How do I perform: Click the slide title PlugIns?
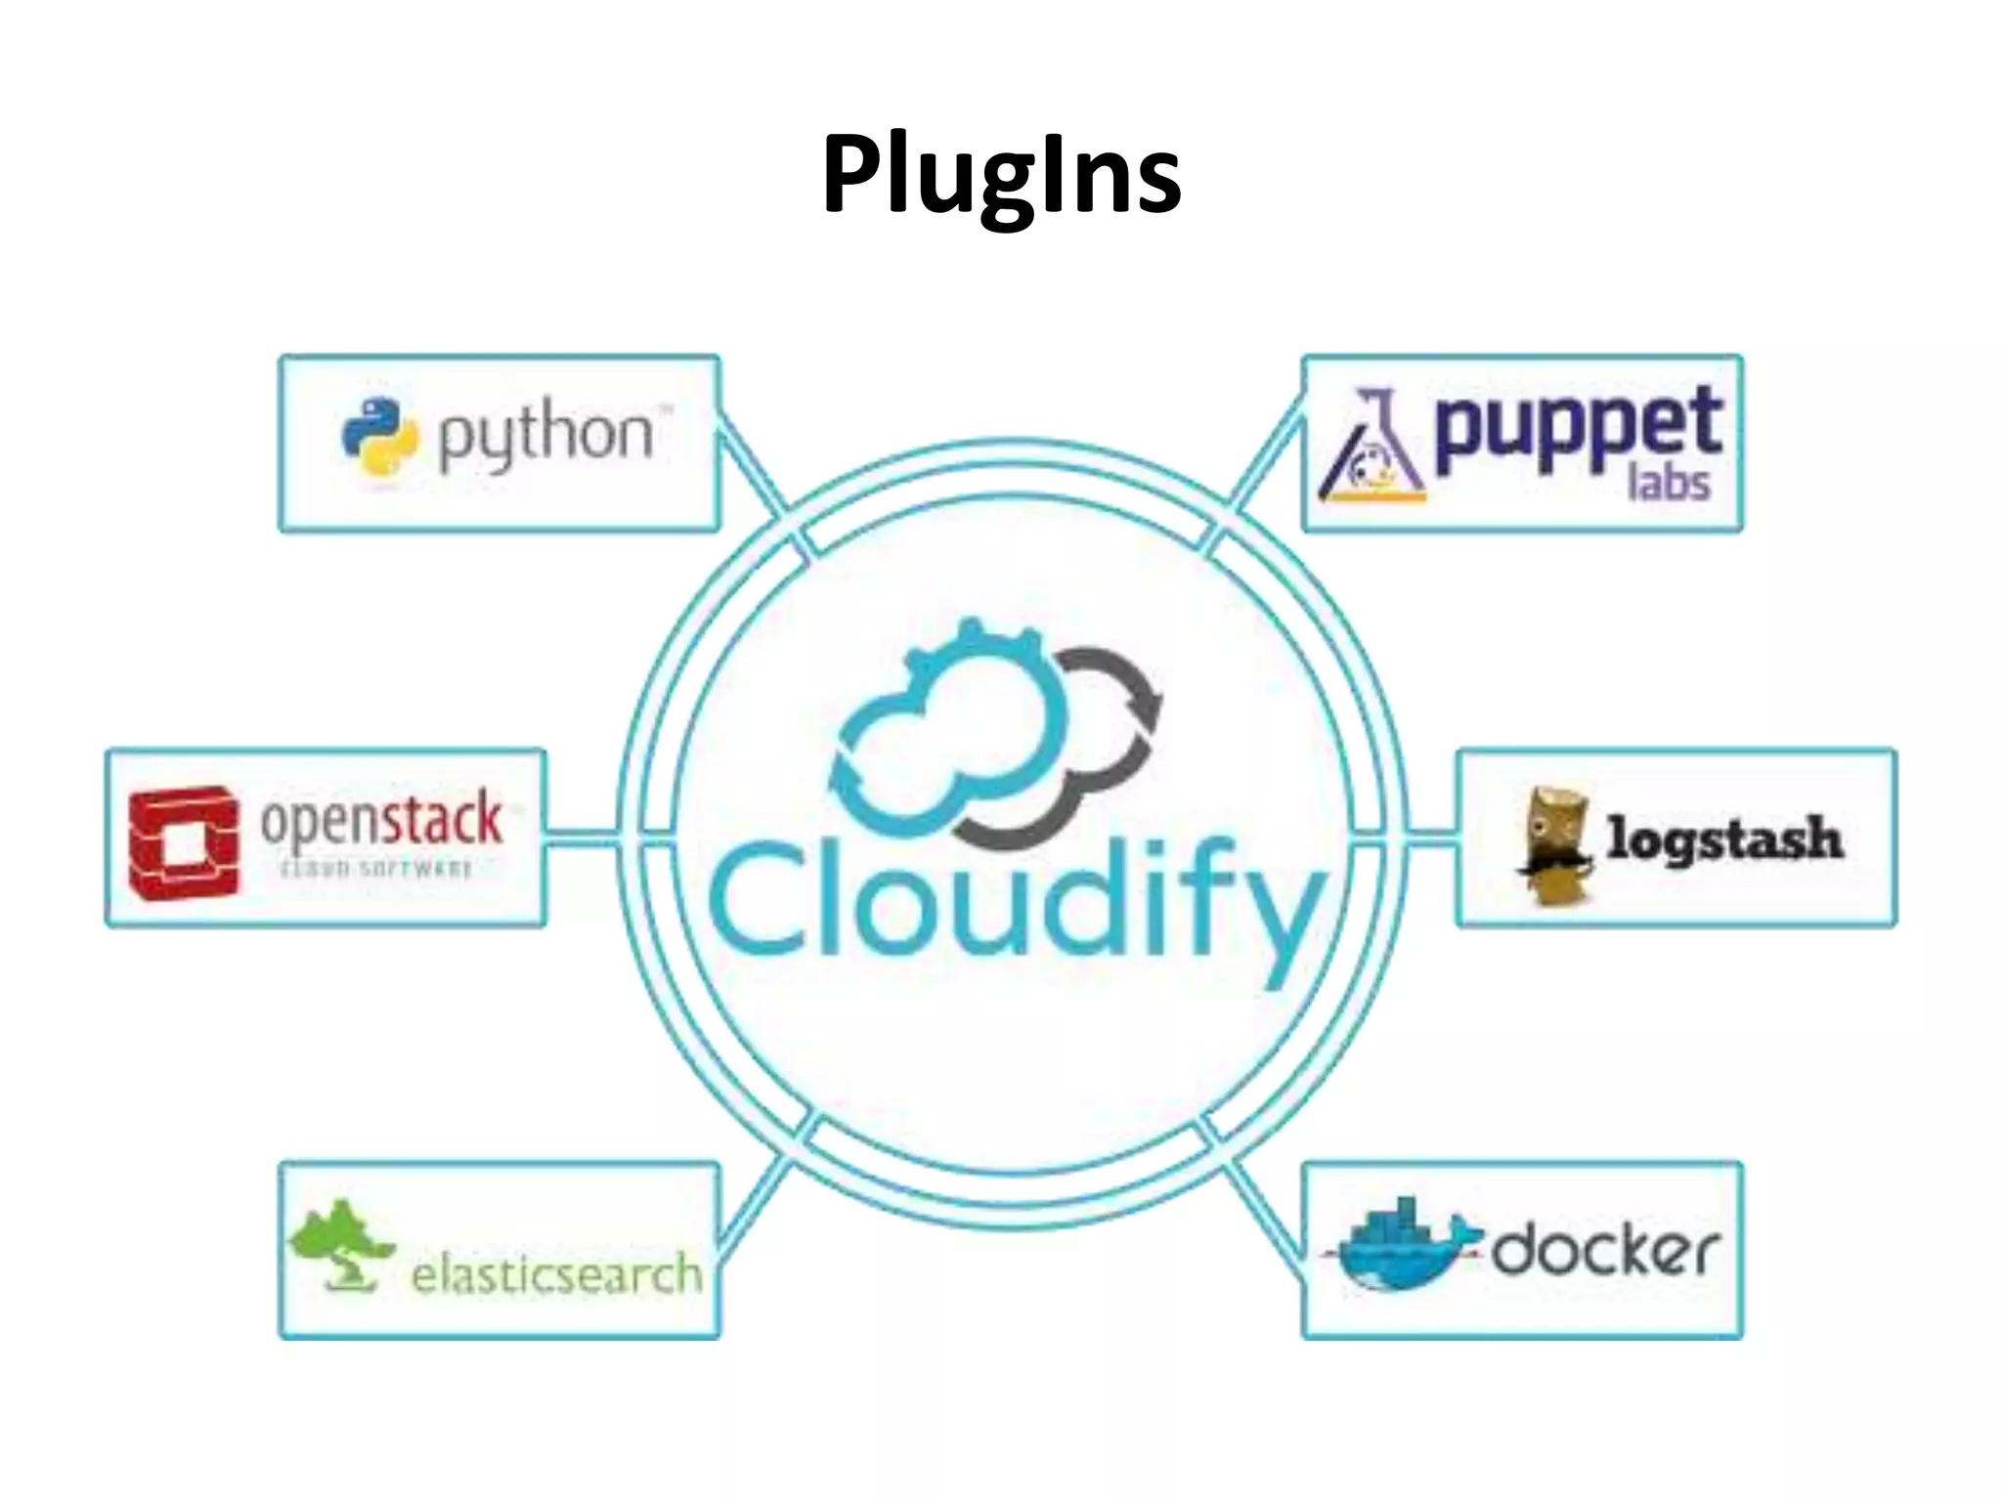[x=1001, y=174]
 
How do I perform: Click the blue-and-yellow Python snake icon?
[x=379, y=436]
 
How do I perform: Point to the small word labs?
[x=1668, y=484]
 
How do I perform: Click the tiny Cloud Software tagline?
[x=376, y=869]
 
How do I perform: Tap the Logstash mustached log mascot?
[x=1554, y=845]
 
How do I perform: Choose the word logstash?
[x=1724, y=838]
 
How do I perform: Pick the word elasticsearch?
[x=555, y=1274]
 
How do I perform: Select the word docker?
[x=1603, y=1251]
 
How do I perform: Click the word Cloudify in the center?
[x=1017, y=904]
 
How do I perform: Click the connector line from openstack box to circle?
[x=581, y=836]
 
